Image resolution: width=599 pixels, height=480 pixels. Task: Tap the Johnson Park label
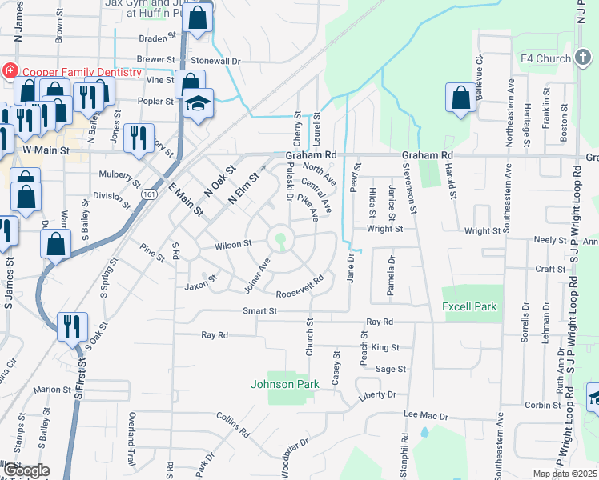285,384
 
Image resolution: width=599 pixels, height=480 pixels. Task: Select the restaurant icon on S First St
72,326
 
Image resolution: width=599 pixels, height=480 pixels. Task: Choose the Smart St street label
260,310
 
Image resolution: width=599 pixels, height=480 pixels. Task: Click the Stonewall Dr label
215,61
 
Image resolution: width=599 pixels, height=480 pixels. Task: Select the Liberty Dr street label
378,395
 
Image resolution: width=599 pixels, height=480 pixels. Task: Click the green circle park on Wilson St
280,238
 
